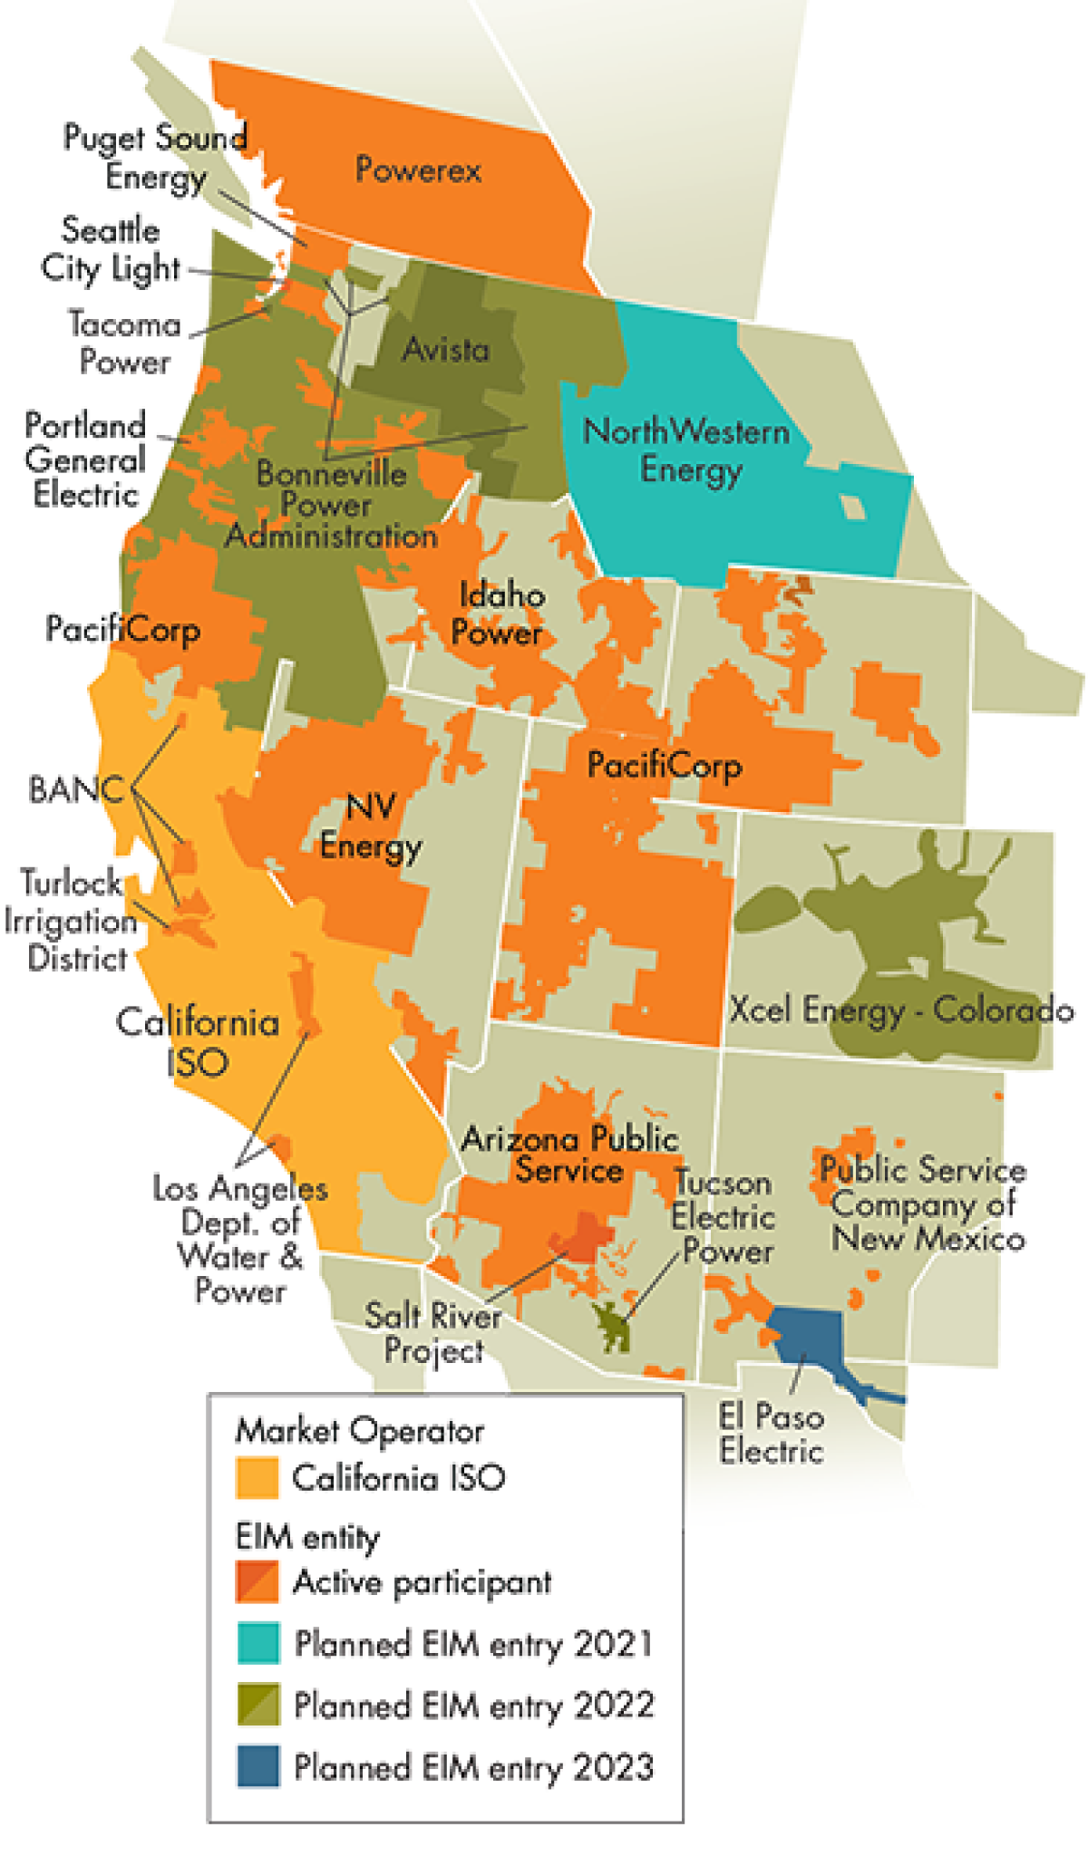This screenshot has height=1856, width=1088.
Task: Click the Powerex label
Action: click(x=418, y=169)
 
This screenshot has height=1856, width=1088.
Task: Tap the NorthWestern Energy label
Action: click(x=687, y=450)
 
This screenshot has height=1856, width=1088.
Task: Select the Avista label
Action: click(x=445, y=349)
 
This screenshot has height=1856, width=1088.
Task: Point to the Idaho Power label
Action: click(x=499, y=614)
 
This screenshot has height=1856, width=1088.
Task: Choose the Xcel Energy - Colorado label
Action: click(x=902, y=1009)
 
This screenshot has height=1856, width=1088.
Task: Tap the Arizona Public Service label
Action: click(x=570, y=1154)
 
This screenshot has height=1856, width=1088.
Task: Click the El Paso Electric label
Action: click(x=771, y=1433)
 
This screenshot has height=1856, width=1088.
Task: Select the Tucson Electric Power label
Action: click(x=724, y=1216)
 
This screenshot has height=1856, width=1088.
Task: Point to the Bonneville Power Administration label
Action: click(x=332, y=505)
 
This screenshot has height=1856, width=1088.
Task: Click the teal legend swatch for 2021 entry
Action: click(x=258, y=1643)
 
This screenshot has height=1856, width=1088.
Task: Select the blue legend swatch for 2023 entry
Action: click(x=258, y=1766)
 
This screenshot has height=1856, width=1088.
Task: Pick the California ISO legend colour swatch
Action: click(x=257, y=1478)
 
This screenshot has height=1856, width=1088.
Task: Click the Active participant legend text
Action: click(x=422, y=1582)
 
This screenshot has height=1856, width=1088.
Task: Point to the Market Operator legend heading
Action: click(x=359, y=1431)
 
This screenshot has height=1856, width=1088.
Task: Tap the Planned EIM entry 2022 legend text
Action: click(x=473, y=1706)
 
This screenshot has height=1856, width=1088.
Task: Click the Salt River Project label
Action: click(x=432, y=1331)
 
